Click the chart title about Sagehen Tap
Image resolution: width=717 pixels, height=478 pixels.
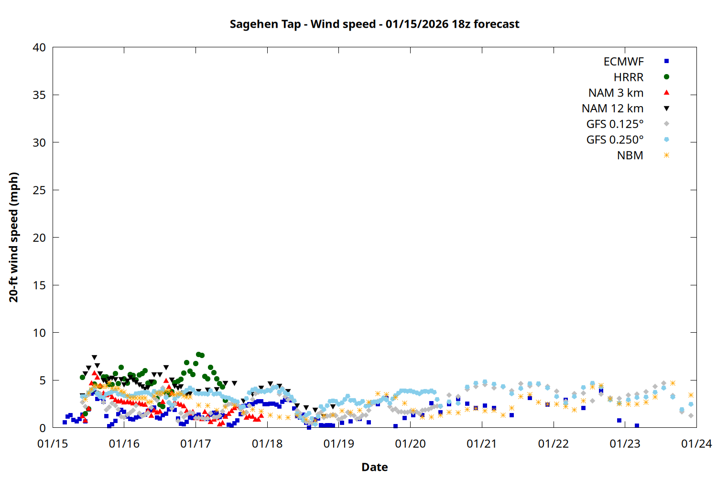(x=374, y=24)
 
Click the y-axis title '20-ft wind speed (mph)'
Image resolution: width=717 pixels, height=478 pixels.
(x=14, y=237)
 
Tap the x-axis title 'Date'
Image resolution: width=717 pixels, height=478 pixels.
(x=374, y=467)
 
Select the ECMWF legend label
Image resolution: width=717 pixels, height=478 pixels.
(x=623, y=62)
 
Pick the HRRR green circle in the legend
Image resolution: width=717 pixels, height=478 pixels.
(x=666, y=77)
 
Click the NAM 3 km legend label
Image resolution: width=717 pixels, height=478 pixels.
(x=616, y=93)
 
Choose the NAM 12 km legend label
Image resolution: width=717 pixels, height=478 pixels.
(x=612, y=109)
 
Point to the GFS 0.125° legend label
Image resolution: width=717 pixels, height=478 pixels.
(x=615, y=124)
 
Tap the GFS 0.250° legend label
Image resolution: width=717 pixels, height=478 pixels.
(x=615, y=140)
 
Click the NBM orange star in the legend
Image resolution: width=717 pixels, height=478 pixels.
(x=666, y=155)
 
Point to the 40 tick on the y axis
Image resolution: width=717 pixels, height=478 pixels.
(x=39, y=47)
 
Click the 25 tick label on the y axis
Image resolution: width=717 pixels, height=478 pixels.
(x=39, y=190)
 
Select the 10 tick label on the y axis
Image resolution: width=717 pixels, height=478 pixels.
(x=39, y=333)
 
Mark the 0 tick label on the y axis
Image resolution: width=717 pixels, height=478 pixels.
(x=43, y=428)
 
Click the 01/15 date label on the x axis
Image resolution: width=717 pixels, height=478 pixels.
(x=53, y=444)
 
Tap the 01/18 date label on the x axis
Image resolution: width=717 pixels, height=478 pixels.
(x=267, y=444)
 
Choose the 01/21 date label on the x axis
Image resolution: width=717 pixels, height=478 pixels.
(x=482, y=444)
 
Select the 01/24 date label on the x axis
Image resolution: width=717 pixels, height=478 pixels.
(x=696, y=444)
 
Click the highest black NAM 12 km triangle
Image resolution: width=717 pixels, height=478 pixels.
(x=94, y=358)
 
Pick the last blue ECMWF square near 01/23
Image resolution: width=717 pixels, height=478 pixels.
(x=637, y=425)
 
